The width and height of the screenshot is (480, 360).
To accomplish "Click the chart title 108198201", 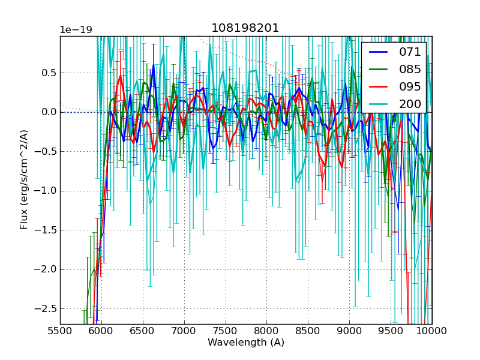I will point(245,28).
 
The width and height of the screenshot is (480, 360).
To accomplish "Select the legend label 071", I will point(410,52).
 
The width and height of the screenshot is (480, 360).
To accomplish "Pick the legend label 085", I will point(410,69).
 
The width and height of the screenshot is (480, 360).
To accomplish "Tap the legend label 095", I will point(410,86).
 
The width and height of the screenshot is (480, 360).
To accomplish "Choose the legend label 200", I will point(410,104).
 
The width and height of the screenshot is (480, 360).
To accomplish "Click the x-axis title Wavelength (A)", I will point(246,343).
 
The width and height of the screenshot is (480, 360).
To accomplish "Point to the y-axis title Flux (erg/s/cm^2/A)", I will point(24,179).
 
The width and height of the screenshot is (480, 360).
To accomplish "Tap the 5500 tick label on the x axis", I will point(60,331).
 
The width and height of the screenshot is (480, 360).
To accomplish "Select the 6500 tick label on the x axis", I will point(143,331).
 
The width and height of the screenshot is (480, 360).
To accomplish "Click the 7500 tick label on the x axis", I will point(226,331).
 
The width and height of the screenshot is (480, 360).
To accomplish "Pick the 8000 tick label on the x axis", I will point(266,331).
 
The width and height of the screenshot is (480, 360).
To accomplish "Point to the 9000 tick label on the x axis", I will point(349,331).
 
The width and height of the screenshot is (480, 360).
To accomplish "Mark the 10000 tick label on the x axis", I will point(432,331).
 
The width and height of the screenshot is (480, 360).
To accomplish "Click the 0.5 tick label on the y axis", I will point(47,73).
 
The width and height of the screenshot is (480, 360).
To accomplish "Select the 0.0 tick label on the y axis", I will point(47,112).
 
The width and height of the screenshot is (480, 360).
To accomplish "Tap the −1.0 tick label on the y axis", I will point(44,191).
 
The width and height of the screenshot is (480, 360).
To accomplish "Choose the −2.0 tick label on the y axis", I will point(44,269).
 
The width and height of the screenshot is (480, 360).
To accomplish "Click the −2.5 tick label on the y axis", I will point(44,308).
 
